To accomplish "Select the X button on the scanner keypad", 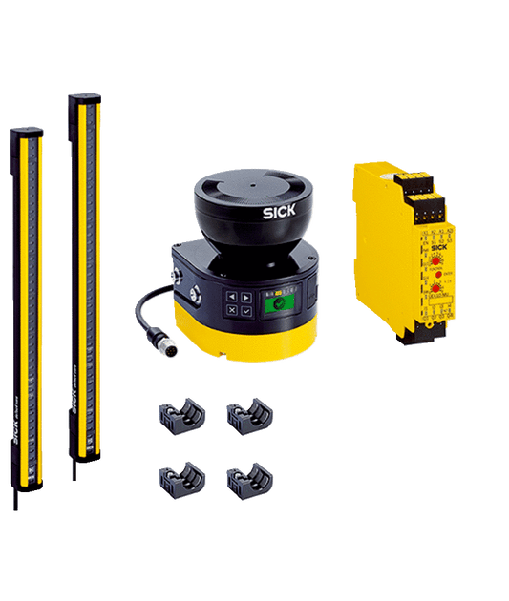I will [230, 311].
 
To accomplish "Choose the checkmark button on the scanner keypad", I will [244, 311].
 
